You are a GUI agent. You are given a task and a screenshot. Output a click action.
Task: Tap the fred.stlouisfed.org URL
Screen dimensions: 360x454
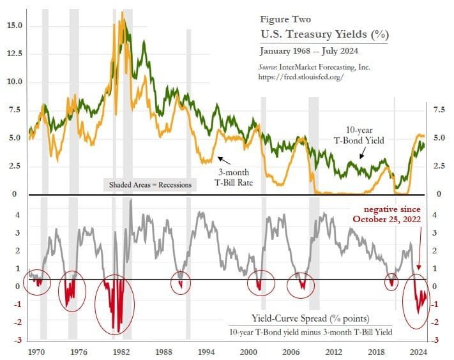(302, 76)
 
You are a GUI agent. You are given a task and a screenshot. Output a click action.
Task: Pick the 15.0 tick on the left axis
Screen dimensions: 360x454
(14, 26)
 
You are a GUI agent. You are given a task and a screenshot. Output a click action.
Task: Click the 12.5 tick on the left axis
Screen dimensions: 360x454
(14, 54)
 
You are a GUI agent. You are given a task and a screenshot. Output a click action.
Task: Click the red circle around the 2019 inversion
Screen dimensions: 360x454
(392, 281)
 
